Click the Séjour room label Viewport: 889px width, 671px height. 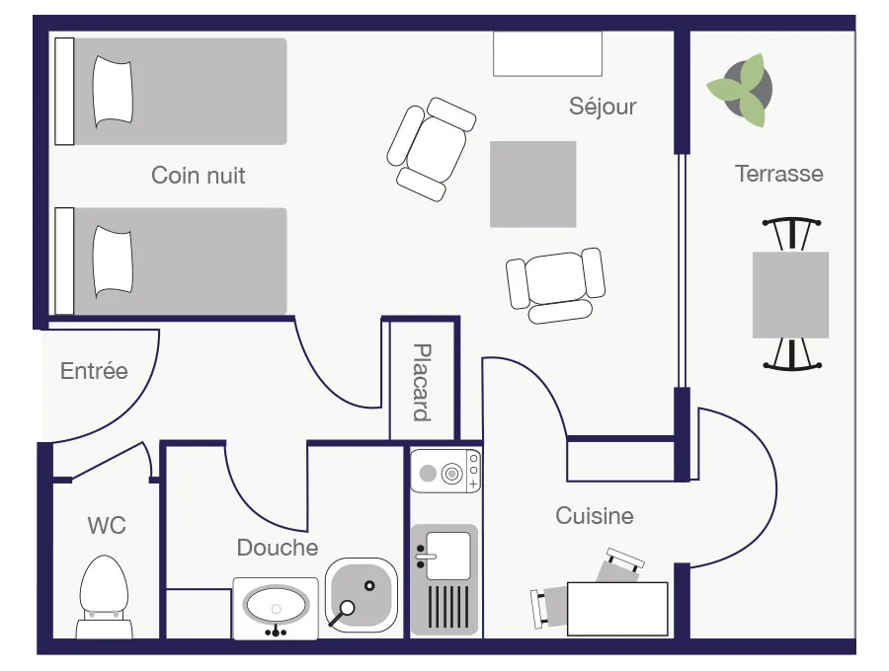tap(603, 107)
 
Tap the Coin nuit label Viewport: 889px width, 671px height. tap(198, 176)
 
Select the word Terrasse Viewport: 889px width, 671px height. tap(779, 174)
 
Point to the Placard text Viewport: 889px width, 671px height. tap(422, 382)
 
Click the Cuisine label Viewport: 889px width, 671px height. tap(595, 516)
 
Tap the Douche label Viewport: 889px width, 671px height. tap(278, 548)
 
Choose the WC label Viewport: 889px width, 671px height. tap(107, 526)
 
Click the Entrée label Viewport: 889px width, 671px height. tap(94, 371)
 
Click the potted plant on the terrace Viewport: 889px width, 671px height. tap(741, 90)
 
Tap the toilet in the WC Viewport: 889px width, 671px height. tap(104, 596)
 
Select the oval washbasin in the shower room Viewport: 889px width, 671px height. tap(277, 608)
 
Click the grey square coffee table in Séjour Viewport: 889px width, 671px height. tap(533, 184)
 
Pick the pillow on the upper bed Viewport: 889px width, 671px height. tap(113, 92)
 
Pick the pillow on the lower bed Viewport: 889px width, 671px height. tap(113, 261)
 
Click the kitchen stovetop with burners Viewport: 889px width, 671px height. tap(445, 471)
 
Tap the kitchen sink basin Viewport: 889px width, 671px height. tap(447, 556)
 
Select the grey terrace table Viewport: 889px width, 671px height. tap(790, 295)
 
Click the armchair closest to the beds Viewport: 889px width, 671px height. tap(432, 149)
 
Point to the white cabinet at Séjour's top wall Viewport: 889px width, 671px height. tap(547, 54)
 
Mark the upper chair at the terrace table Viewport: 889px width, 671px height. tap(791, 234)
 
